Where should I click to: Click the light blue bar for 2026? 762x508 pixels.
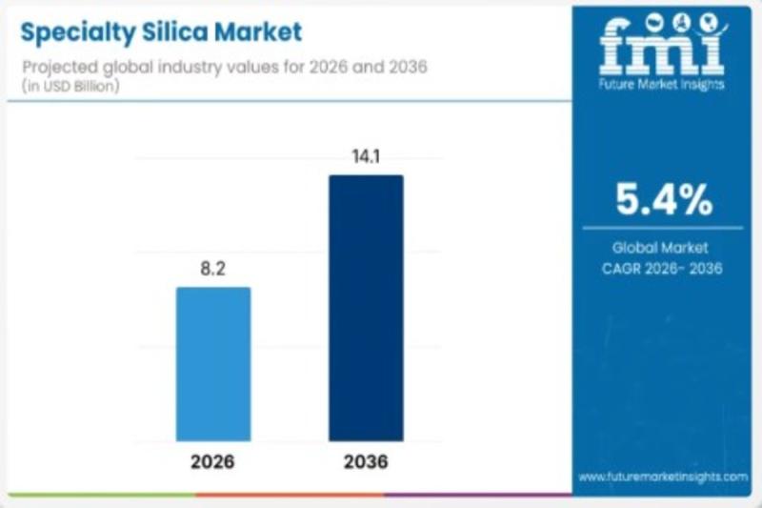tap(213, 364)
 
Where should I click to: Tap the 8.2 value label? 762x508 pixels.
tap(213, 270)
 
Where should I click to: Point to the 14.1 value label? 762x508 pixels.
tap(366, 157)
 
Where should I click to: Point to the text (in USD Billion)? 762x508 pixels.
tap(67, 86)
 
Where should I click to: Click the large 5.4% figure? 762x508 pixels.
tap(664, 199)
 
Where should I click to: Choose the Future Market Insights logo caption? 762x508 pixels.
tap(663, 85)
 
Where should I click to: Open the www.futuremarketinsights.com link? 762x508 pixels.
tap(663, 476)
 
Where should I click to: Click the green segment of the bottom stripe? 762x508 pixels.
tap(95, 495)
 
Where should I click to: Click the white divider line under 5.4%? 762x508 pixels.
tap(664, 228)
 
